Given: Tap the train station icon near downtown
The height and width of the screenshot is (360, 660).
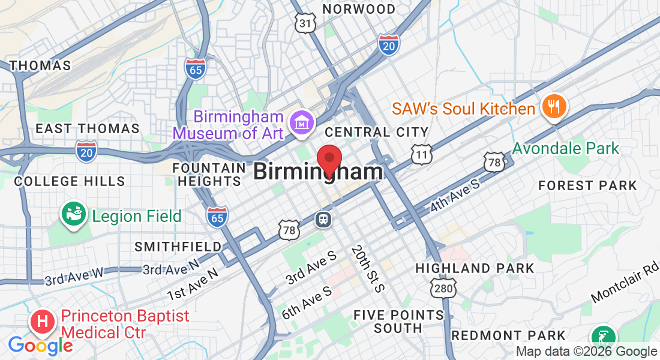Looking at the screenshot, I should (323, 220).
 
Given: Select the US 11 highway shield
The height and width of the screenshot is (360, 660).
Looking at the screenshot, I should (422, 154).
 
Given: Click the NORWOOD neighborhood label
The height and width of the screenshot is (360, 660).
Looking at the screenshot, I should (359, 9).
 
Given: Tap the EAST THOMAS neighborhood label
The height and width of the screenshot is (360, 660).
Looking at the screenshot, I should (88, 128).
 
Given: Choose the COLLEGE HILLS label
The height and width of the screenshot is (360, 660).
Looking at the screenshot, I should (70, 181).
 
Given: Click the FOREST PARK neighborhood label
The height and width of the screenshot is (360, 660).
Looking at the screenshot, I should (587, 185).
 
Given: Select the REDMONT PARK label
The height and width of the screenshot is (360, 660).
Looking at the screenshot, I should (508, 335).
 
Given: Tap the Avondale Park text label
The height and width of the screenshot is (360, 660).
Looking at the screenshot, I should (566, 148).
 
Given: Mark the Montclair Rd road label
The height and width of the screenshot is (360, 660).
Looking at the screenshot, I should (625, 284).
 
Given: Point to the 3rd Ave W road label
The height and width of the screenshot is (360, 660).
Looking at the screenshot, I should (74, 277).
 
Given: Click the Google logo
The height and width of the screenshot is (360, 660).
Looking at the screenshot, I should (40, 346).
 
